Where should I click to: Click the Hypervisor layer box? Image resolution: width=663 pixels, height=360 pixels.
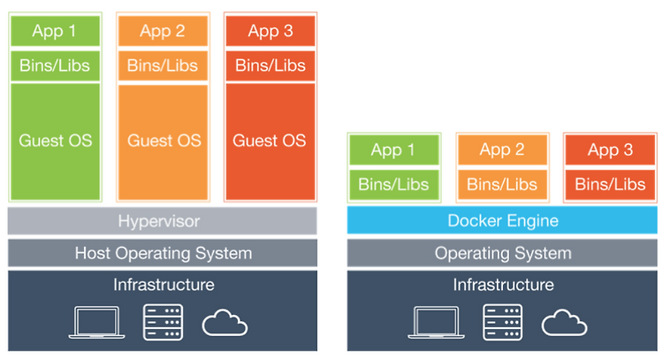[163, 221]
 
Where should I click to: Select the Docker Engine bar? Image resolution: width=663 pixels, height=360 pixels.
[502, 220]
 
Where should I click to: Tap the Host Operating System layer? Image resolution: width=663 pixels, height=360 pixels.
[163, 253]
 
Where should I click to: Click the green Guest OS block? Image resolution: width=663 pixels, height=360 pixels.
[56, 142]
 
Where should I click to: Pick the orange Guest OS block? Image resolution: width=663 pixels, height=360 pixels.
[164, 142]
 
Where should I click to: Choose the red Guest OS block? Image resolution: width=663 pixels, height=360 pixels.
[271, 142]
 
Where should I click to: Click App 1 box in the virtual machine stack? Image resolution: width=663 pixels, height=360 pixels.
[56, 31]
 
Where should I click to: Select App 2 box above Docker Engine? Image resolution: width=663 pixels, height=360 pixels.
[502, 149]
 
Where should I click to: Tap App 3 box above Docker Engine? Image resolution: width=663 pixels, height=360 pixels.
[611, 149]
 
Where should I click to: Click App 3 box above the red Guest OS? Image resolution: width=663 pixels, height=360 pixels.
[271, 31]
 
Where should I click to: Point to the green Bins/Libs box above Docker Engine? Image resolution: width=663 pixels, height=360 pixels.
[394, 185]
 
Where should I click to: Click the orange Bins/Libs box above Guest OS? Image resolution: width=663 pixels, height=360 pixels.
[164, 65]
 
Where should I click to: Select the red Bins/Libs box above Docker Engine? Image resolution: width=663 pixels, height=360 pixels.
[611, 185]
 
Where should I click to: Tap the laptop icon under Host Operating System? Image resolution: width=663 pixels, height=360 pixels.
[97, 322]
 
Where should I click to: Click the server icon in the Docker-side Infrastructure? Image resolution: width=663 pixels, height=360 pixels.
[502, 322]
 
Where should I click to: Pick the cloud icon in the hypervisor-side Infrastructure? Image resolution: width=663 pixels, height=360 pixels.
[225, 323]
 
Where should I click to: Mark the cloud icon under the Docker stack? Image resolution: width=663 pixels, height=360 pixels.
[564, 323]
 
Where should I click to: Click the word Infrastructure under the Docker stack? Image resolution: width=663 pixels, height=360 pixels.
[503, 285]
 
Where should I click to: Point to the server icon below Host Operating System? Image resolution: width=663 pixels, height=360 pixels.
[164, 322]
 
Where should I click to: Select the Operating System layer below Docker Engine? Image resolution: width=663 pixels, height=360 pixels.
[502, 253]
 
